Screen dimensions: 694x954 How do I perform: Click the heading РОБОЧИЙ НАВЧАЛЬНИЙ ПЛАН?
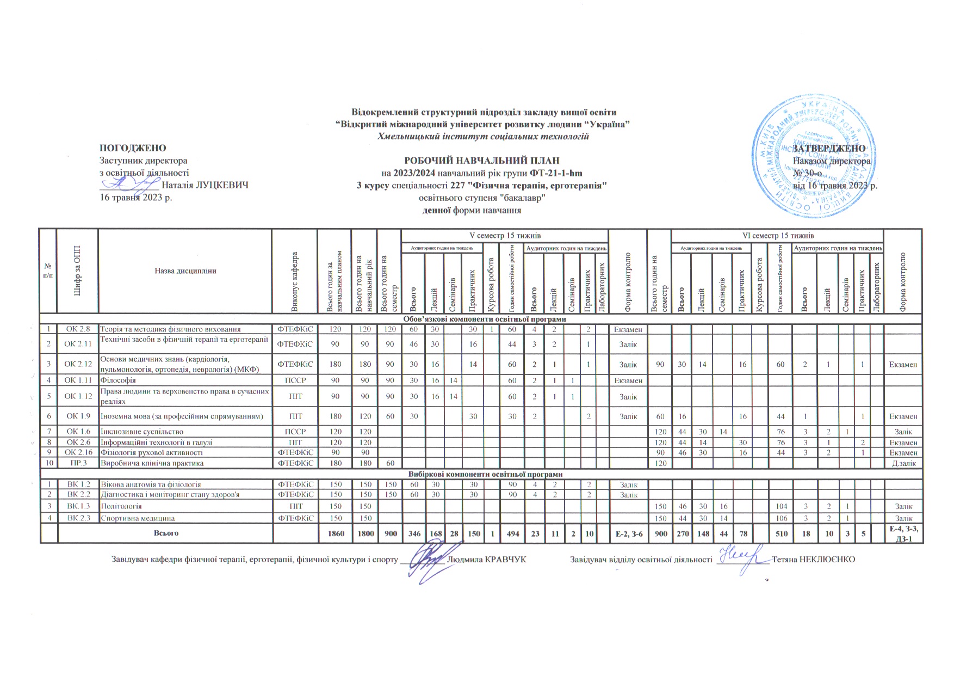point(481,161)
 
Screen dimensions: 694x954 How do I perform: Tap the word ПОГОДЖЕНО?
point(133,148)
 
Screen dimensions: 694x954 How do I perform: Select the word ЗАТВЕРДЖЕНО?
point(829,149)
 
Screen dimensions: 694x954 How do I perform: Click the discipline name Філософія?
point(118,380)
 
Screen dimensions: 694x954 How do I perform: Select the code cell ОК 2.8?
point(77,329)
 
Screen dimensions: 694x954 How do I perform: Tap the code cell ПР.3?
point(77,463)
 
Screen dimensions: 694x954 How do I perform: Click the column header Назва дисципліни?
point(185,271)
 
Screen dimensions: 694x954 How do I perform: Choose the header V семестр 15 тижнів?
point(504,236)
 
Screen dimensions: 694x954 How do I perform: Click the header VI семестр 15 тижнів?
point(778,236)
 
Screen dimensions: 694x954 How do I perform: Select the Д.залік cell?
point(903,463)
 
